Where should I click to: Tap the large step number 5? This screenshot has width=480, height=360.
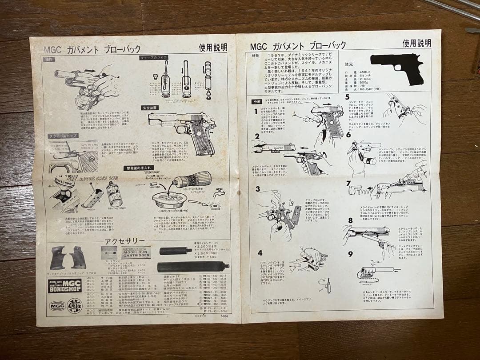348,97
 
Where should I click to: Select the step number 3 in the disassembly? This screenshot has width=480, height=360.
257,189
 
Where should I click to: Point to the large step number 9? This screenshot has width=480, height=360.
350,254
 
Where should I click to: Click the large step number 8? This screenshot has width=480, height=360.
350,220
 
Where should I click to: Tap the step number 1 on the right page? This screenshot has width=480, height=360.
256,111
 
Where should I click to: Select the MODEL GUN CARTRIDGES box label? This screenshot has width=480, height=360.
136,252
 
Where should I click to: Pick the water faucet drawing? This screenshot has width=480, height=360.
218,194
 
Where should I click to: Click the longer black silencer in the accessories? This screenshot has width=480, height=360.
192,267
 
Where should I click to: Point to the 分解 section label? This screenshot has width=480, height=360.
256,101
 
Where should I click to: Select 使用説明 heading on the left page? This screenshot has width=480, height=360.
213,47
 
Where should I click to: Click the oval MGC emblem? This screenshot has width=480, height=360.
57,306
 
